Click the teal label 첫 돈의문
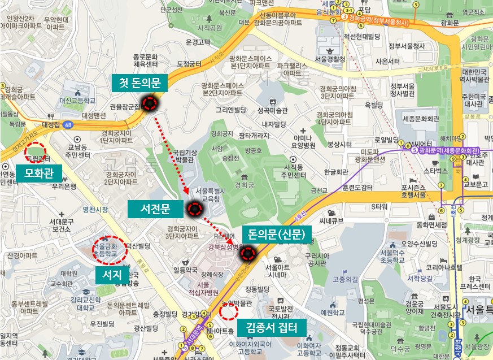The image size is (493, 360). coord(139,84)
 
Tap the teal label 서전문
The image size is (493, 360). coord(155,209)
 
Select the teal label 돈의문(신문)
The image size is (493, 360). coord(276,233)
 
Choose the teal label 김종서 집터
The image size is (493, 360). coord(272,327)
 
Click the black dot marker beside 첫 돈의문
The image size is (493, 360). coord(150,103)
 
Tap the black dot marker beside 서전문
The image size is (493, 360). coord(194,210)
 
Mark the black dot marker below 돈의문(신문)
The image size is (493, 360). coord(247,254)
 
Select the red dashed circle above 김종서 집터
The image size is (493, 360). coord(228,310)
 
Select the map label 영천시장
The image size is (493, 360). coord(95,209)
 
